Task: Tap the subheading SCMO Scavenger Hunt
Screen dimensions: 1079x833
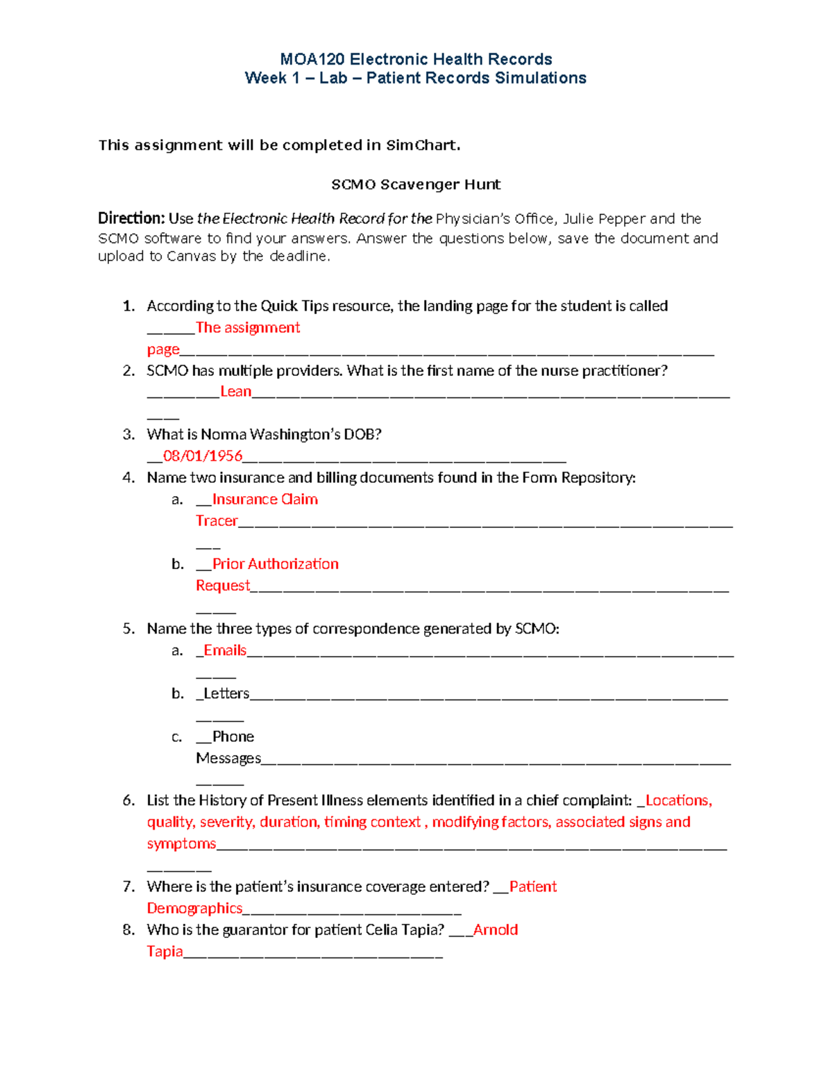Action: pos(416,185)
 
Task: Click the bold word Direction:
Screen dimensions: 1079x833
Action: pos(131,219)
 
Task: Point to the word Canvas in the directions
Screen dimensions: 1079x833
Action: pos(192,256)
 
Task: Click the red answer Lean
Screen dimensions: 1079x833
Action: pos(235,392)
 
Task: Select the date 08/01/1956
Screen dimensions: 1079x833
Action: pos(203,456)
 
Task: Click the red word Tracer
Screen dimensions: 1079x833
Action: pos(217,521)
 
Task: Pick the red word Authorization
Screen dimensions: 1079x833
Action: pos(293,564)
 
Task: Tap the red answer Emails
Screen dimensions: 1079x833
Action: pos(225,650)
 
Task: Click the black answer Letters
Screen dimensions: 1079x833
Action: pos(226,693)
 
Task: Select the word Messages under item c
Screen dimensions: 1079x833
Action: pos(228,758)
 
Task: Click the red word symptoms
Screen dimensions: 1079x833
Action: pos(181,844)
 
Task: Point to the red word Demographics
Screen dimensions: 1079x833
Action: pos(194,909)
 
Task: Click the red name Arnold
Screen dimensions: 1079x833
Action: pos(496,930)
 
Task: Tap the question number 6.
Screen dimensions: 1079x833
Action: pos(128,800)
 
